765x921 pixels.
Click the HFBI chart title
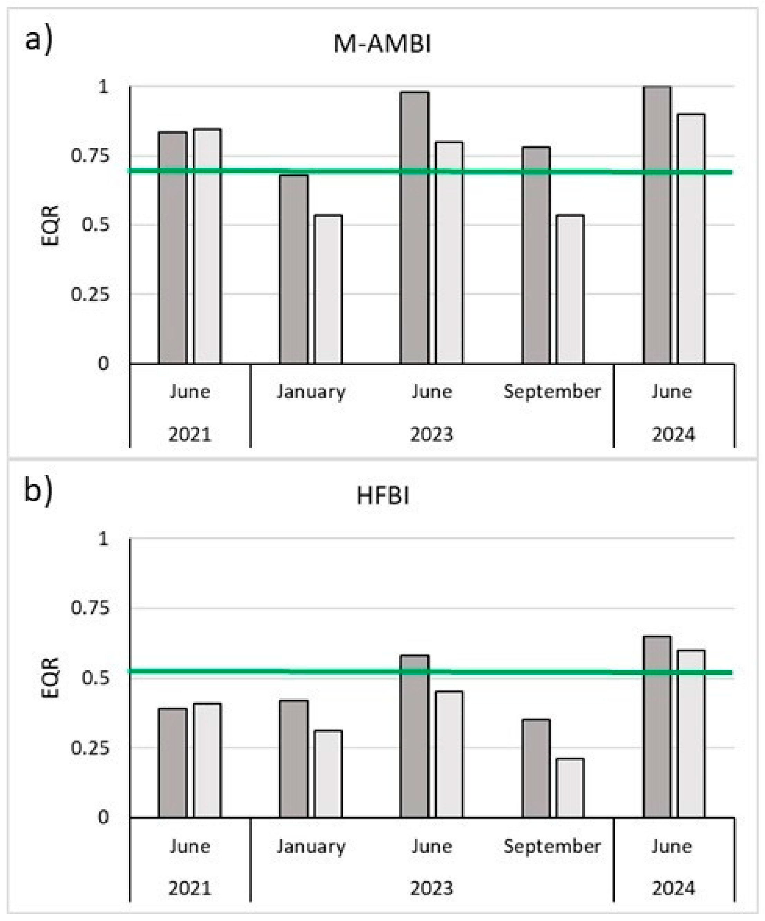(383, 496)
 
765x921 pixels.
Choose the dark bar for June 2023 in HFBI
(415, 736)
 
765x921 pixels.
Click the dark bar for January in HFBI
(293, 759)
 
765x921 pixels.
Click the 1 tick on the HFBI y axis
(103, 538)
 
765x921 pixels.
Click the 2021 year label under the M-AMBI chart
(190, 435)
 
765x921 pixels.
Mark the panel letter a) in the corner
(38, 41)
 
